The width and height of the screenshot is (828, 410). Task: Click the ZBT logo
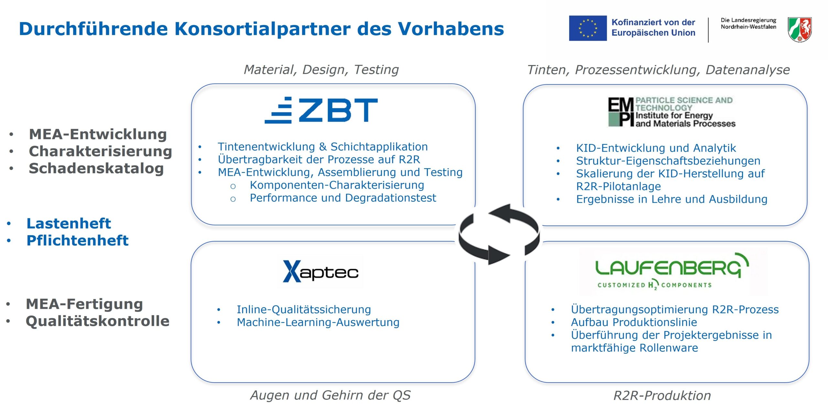pyautogui.click(x=321, y=110)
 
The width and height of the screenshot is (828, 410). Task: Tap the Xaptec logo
pyautogui.click(x=321, y=271)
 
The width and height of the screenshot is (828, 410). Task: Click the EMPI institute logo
pyautogui.click(x=671, y=112)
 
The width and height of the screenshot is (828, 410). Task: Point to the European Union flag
pyautogui.click(x=588, y=28)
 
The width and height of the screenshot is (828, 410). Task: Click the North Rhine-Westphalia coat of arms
pyautogui.click(x=800, y=29)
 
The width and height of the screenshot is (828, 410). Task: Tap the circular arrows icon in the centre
pyautogui.click(x=499, y=234)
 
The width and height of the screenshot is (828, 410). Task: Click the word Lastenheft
pyautogui.click(x=69, y=223)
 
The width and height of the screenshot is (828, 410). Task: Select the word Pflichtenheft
pyautogui.click(x=77, y=240)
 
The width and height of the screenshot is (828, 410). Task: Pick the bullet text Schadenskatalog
pyautogui.click(x=96, y=168)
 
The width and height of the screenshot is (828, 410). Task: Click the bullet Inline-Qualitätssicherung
pyautogui.click(x=304, y=309)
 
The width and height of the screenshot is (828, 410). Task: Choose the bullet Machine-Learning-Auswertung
pyautogui.click(x=318, y=322)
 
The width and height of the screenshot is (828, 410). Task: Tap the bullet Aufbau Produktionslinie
pyautogui.click(x=634, y=322)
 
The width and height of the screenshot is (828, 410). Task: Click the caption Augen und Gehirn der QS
pyautogui.click(x=330, y=395)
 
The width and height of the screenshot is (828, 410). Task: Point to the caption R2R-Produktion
pyautogui.click(x=662, y=395)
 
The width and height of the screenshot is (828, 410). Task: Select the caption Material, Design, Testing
pyautogui.click(x=321, y=70)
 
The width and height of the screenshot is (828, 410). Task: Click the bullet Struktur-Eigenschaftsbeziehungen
pyautogui.click(x=668, y=161)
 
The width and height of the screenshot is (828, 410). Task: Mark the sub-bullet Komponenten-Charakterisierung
pyautogui.click(x=337, y=185)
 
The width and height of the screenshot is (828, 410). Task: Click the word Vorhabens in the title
pyautogui.click(x=451, y=29)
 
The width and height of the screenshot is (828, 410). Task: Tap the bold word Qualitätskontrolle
pyautogui.click(x=98, y=321)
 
